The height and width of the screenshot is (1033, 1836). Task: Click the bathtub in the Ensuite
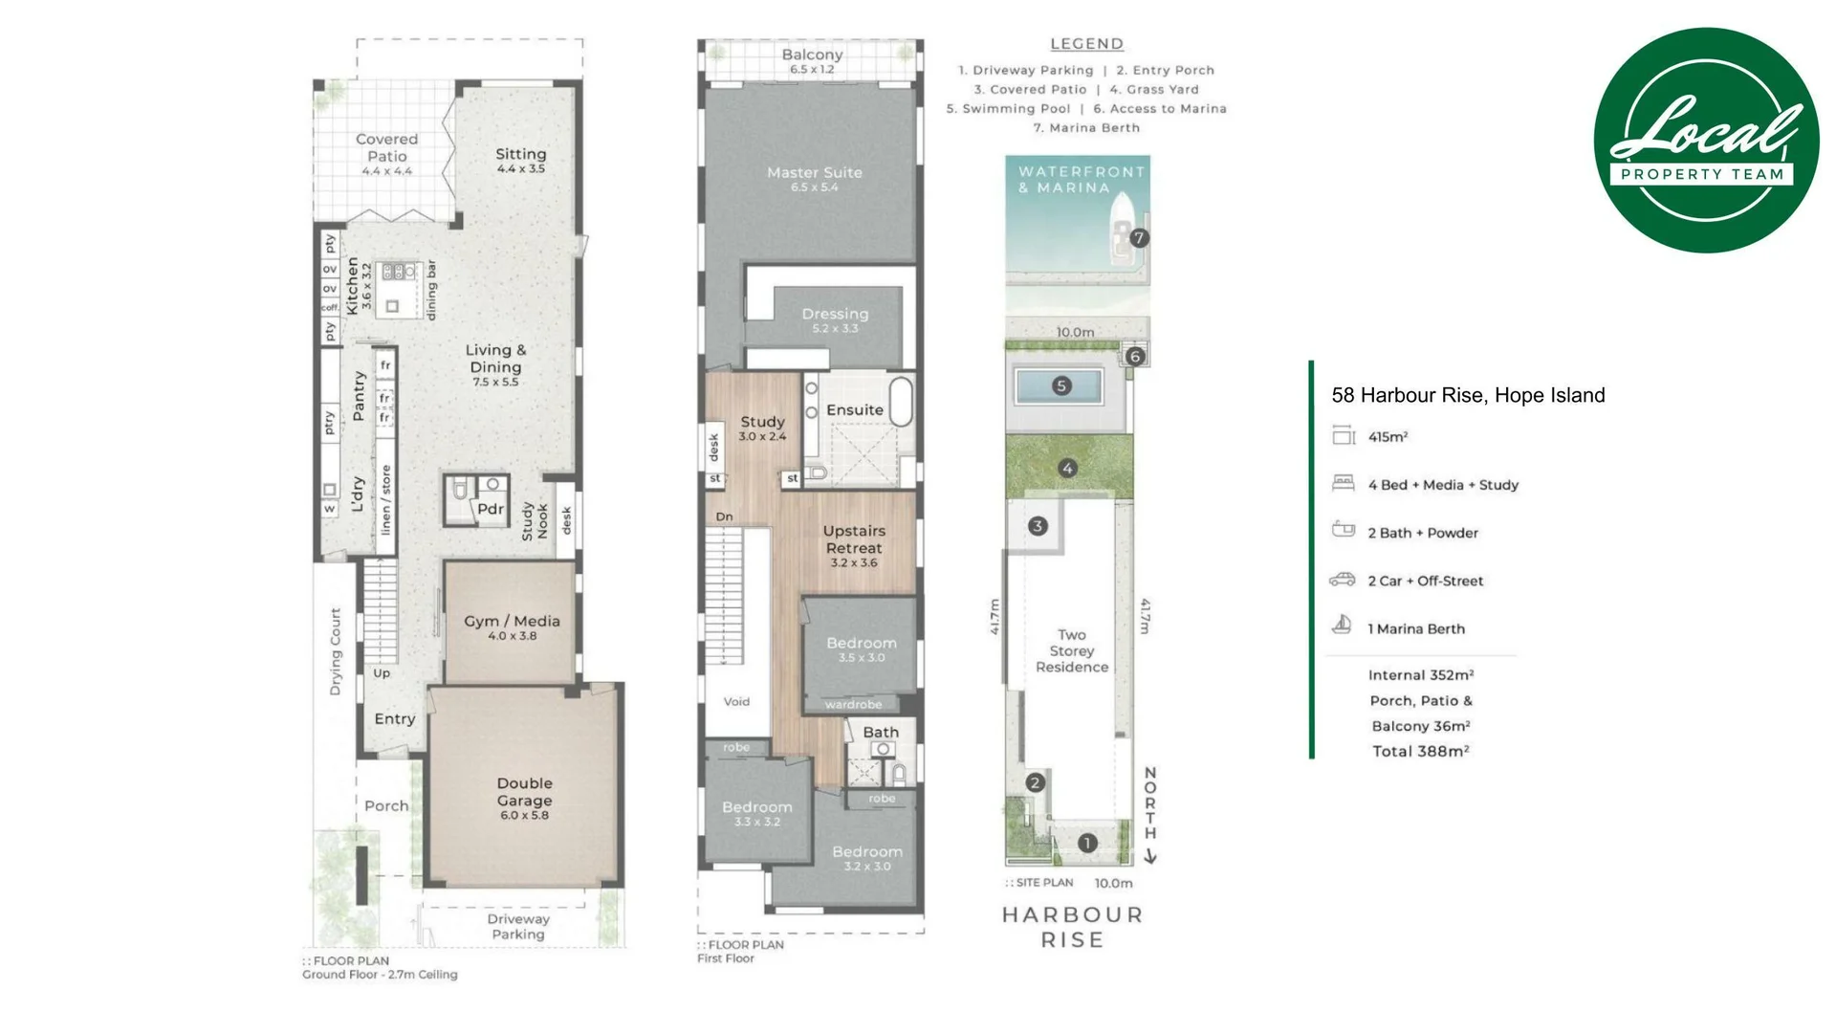(901, 401)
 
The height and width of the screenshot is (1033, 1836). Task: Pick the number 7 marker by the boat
(1138, 238)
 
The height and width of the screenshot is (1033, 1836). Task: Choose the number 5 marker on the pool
(1060, 386)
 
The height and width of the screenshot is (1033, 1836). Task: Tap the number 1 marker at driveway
(1086, 844)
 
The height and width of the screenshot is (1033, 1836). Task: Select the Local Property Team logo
(1706, 141)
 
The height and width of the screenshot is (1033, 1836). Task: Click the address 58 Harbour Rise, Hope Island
(1467, 395)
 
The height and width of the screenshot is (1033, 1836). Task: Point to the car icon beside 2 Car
(1343, 580)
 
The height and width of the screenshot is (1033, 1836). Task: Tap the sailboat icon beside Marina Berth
(1343, 626)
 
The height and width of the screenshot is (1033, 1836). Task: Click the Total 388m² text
(1420, 752)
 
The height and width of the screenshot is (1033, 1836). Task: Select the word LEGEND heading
(1086, 44)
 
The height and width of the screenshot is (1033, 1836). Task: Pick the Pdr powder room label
(490, 509)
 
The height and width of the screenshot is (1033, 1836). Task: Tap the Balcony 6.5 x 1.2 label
(812, 59)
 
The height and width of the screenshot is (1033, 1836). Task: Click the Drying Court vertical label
(336, 651)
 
